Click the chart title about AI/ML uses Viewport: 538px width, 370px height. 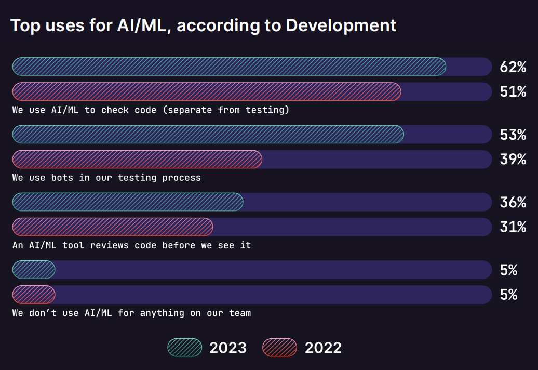(x=203, y=25)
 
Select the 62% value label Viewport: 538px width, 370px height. (x=513, y=67)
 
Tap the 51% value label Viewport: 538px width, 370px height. (x=513, y=92)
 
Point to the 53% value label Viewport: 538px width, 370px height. (x=513, y=135)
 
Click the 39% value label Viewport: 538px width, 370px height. (x=513, y=160)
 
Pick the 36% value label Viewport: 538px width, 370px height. (x=513, y=202)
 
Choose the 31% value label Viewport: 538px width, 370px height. (x=513, y=227)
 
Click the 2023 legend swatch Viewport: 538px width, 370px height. (x=185, y=347)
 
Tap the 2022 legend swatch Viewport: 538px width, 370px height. (x=280, y=347)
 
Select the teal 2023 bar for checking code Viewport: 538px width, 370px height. (x=228, y=67)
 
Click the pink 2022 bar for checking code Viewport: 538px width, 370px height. (x=207, y=91)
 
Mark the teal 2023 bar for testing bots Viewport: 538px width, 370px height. (x=208, y=134)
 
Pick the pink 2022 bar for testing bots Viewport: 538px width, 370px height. (x=137, y=159)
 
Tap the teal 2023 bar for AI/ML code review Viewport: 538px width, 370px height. (x=128, y=202)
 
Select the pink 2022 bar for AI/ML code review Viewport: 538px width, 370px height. (x=113, y=227)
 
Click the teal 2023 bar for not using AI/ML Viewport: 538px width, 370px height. (x=34, y=269)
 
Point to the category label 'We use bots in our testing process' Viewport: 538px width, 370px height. (x=106, y=178)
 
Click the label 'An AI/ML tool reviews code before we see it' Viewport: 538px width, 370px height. (x=131, y=245)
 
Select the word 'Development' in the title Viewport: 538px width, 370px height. (x=341, y=25)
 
